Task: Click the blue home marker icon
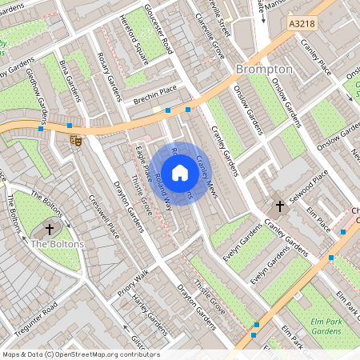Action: [180, 172]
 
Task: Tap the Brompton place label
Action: [264, 70]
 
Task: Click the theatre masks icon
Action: [77, 140]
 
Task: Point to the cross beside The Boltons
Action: [50, 229]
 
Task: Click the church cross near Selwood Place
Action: [280, 206]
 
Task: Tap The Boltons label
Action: [53, 244]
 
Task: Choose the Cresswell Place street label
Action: [103, 215]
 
